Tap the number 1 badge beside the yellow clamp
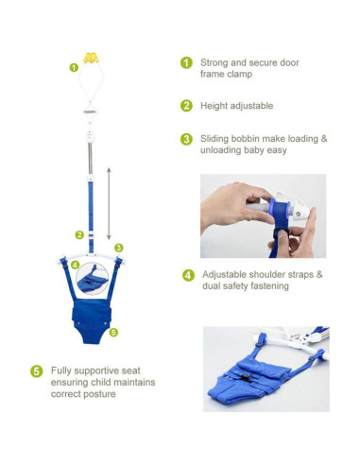75,67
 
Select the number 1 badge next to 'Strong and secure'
186,62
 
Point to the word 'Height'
214,106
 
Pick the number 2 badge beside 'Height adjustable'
186,106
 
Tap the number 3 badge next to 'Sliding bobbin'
186,139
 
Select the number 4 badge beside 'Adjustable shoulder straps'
187,275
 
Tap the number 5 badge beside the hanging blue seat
112,332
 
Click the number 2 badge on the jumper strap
79,234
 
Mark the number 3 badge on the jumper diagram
119,248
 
